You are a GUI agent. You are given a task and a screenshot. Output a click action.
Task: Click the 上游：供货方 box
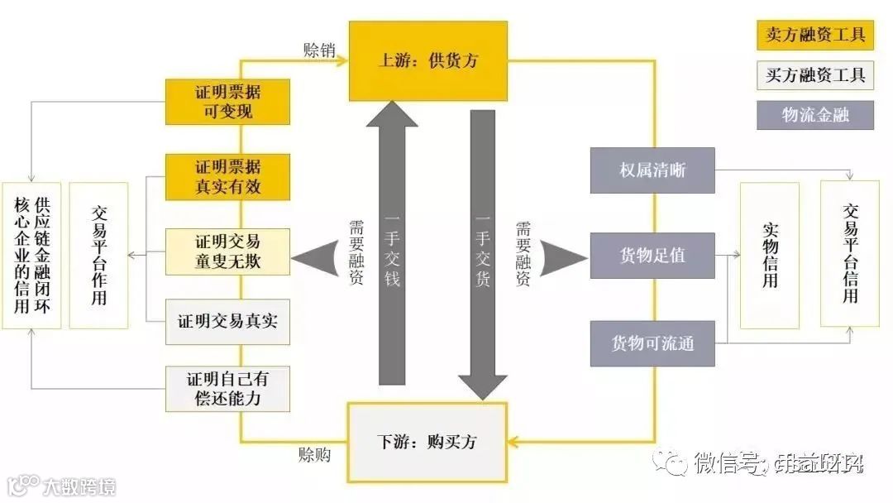[x=427, y=60]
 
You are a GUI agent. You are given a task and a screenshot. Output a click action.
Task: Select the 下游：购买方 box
[x=427, y=441]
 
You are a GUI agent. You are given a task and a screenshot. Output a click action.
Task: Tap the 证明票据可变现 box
[x=227, y=101]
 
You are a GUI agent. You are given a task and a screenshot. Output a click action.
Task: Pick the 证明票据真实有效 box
[x=227, y=176]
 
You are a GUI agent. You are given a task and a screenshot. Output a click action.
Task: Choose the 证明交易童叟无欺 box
[x=227, y=251]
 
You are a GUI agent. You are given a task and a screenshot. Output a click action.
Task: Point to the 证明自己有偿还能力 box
[x=227, y=388]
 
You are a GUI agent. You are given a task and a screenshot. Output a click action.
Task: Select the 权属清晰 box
[x=652, y=170]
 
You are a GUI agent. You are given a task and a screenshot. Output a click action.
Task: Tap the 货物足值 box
[x=652, y=255]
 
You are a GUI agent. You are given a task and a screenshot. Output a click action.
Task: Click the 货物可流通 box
[x=652, y=343]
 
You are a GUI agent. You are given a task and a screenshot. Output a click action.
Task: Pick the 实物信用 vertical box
[x=769, y=255]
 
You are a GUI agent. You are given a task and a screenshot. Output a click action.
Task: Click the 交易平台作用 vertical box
[x=98, y=255]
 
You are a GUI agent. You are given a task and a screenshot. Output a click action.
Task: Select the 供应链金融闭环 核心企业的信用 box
[x=31, y=255]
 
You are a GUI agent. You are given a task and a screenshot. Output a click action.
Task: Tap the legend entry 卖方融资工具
[x=814, y=35]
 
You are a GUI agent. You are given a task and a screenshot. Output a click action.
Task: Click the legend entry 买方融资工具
[x=814, y=74]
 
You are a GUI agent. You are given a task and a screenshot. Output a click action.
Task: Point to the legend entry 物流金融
[x=814, y=114]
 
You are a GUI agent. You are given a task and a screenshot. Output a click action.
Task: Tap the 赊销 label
[x=319, y=50]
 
